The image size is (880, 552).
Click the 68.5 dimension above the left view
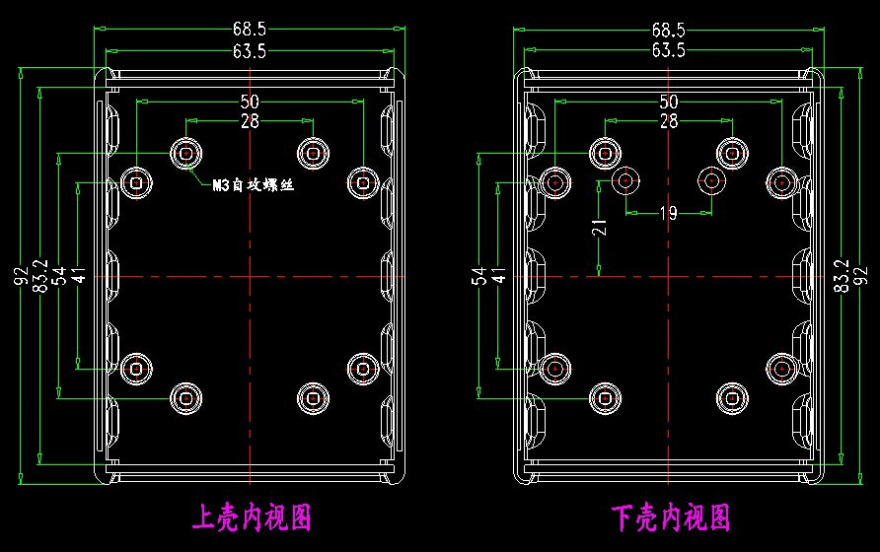pyautogui.click(x=250, y=29)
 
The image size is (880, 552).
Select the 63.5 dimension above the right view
pyautogui.click(x=669, y=50)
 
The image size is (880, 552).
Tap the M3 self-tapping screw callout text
pyautogui.click(x=254, y=184)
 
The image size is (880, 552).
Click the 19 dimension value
pyautogui.click(x=669, y=213)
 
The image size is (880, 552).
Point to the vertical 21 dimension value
pyautogui.click(x=599, y=227)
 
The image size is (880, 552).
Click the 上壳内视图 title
pyautogui.click(x=252, y=517)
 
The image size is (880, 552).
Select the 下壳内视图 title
pyautogui.click(x=671, y=517)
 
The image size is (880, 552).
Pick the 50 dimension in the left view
pyautogui.click(x=250, y=102)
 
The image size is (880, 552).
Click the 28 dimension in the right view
pyautogui.click(x=669, y=120)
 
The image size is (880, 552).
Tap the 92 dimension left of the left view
pyautogui.click(x=21, y=275)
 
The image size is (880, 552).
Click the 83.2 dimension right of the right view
pyautogui.click(x=841, y=275)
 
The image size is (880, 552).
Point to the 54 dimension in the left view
pyautogui.click(x=59, y=275)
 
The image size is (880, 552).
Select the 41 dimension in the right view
pyautogui.click(x=498, y=275)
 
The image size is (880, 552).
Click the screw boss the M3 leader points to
pyautogui.click(x=186, y=153)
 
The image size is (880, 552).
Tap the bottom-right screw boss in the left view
pyautogui.click(x=313, y=398)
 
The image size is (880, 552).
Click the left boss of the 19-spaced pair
pyautogui.click(x=625, y=180)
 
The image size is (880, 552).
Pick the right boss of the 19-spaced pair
pyautogui.click(x=711, y=180)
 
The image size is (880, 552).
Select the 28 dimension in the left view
pyautogui.click(x=250, y=120)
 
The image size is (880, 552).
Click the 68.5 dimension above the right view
pyautogui.click(x=669, y=29)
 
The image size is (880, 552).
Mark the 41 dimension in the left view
pyautogui.click(x=79, y=275)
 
